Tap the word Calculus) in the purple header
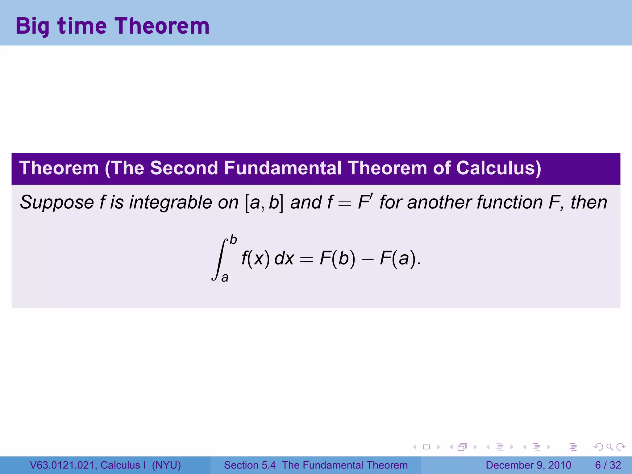pos(498,168)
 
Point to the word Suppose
pos(57,203)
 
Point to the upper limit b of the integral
pos(233,240)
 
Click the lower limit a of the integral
pos(225,277)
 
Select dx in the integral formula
pos(284,258)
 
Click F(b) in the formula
pos(338,258)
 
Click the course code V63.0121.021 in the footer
pos(63,465)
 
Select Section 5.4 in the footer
pos(250,465)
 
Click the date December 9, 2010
pos(528,465)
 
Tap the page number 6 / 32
pos(608,465)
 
